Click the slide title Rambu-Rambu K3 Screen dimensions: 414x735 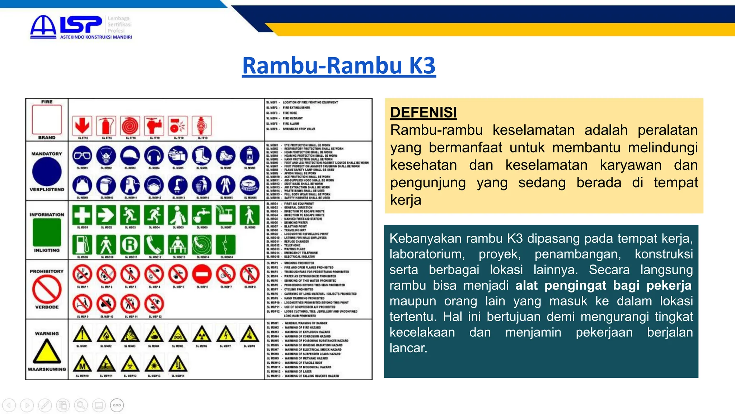click(x=339, y=66)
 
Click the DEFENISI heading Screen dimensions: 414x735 click(x=423, y=112)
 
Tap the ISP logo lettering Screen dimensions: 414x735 click(x=81, y=25)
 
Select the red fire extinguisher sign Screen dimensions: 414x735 click(x=106, y=126)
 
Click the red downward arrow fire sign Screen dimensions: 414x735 click(x=82, y=126)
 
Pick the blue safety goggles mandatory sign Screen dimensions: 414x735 click(x=82, y=156)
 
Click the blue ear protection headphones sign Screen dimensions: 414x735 click(x=154, y=156)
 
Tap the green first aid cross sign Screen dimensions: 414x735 click(x=82, y=215)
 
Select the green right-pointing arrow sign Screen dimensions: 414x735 click(x=106, y=215)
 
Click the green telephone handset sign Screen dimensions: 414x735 click(x=154, y=245)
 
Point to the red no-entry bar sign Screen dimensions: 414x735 click(x=202, y=275)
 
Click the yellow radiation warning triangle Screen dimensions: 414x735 click(x=202, y=334)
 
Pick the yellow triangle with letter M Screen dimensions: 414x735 click(x=82, y=364)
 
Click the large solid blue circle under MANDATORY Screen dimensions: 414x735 click(x=47, y=172)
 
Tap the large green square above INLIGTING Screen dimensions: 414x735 click(x=47, y=232)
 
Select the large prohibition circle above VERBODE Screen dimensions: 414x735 click(x=47, y=290)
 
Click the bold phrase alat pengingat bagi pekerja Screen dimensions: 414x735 click(x=603, y=285)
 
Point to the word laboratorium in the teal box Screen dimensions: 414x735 click(x=427, y=254)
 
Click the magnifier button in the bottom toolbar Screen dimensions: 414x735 click(x=81, y=405)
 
